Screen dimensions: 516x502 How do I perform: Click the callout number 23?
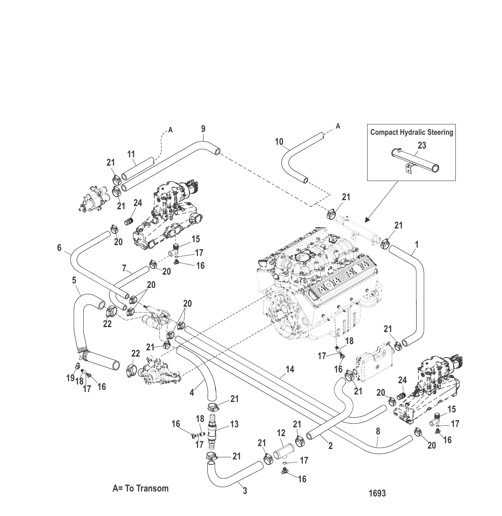pos(422,146)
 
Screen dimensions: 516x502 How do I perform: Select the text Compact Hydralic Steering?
pos(411,132)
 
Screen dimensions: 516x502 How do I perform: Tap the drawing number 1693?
pos(377,493)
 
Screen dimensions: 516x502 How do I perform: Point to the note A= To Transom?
pos(140,488)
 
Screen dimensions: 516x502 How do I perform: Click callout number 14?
pos(290,369)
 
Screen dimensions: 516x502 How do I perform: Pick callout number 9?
pos(203,129)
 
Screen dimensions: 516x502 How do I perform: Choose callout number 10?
pos(279,142)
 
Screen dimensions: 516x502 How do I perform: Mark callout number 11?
pos(131,154)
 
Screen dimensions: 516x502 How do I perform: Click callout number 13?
pos(234,424)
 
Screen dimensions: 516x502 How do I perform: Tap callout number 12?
pos(281,433)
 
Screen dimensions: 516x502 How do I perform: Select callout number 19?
pos(70,378)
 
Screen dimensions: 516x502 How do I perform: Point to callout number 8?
pos(378,431)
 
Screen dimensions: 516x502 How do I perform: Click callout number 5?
pos(74,280)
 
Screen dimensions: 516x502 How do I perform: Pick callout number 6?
pos(59,248)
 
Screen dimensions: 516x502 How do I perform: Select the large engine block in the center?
pos(321,283)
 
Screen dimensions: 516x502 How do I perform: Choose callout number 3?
pos(245,491)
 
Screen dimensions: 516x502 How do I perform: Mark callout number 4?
pos(192,392)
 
